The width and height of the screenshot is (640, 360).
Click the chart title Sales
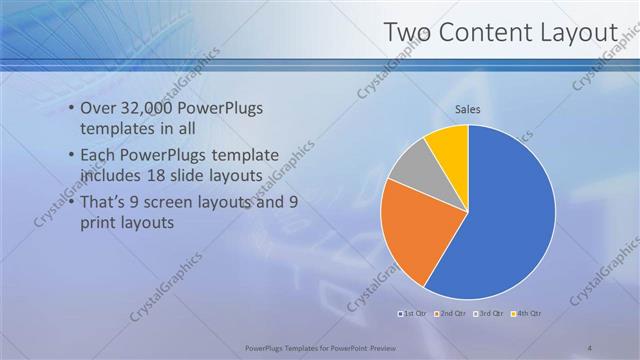tap(468, 110)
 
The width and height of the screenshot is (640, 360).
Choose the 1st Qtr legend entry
tap(415, 314)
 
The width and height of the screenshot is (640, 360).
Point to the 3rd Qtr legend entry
tap(489, 314)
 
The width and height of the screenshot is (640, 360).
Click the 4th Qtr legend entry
tap(526, 314)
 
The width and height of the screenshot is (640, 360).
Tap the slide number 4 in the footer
tap(589, 348)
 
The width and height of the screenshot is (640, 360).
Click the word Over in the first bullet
tap(98, 109)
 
